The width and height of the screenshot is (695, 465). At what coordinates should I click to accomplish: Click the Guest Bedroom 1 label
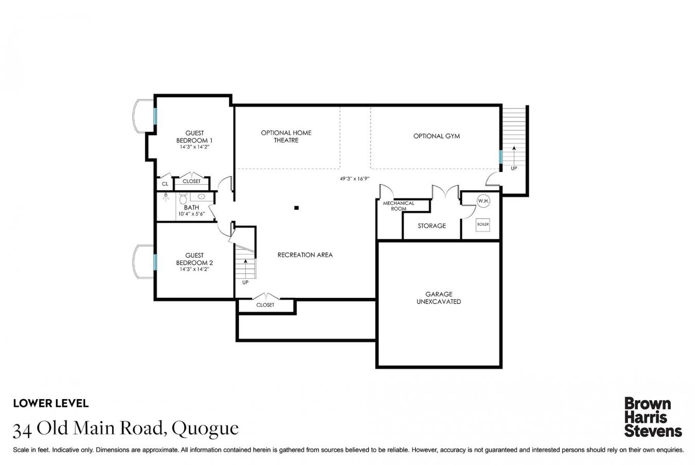click(x=194, y=137)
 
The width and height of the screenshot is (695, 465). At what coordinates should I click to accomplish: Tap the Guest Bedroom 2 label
click(x=194, y=259)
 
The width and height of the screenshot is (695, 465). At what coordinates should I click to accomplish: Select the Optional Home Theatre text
click(x=286, y=136)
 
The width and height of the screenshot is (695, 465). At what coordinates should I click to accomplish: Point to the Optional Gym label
click(x=436, y=136)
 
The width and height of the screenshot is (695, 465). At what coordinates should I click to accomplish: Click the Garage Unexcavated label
click(x=438, y=298)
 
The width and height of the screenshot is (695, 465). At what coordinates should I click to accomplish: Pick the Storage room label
click(x=431, y=226)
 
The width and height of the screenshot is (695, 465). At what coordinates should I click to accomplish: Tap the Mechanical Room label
click(x=398, y=206)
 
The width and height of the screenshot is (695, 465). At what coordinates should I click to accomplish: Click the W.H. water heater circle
click(x=483, y=201)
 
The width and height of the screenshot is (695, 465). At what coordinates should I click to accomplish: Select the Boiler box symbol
click(x=482, y=224)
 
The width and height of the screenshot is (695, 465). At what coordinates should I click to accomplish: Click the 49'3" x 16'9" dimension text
click(x=354, y=179)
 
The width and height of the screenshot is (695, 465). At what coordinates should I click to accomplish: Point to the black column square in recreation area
click(x=296, y=208)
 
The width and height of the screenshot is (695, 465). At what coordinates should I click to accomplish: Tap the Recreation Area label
click(x=305, y=255)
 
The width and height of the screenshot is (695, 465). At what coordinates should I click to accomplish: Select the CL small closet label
click(x=165, y=184)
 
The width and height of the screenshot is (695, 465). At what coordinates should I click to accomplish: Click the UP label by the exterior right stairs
click(x=513, y=168)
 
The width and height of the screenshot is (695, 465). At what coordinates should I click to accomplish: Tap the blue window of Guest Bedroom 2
click(x=154, y=262)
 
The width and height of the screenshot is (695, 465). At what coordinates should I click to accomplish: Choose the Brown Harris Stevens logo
click(x=652, y=417)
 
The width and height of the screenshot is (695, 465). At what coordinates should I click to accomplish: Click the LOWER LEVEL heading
click(x=50, y=403)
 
